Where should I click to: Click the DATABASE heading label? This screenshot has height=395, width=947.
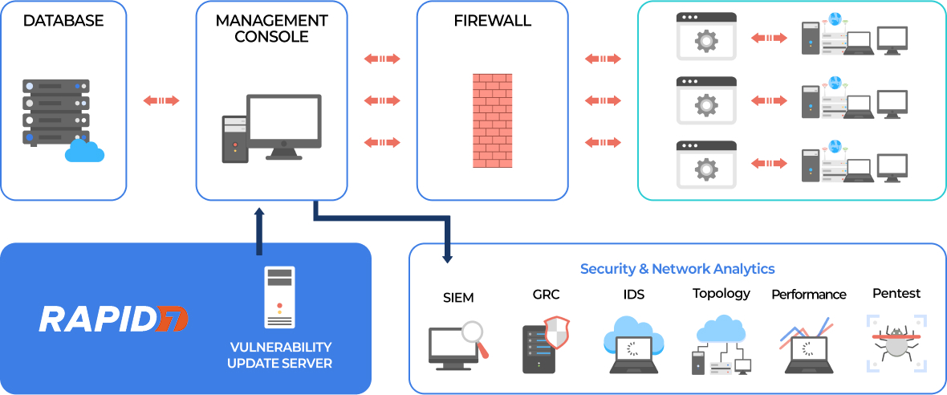[x=63, y=20]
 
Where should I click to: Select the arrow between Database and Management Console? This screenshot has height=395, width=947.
[x=161, y=100]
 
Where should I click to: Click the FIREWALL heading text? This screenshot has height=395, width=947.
[x=493, y=20]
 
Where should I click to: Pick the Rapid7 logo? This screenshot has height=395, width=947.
[x=112, y=319]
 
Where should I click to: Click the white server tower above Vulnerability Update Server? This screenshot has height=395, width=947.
[x=279, y=296]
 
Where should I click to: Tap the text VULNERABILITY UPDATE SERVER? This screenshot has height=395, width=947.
[x=279, y=355]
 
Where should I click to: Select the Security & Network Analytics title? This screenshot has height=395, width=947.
[x=677, y=269]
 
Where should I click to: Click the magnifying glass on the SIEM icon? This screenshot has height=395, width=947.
[x=476, y=334]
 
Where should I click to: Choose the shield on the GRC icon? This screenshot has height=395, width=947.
[x=556, y=331]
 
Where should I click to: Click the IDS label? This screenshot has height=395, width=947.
[x=633, y=295]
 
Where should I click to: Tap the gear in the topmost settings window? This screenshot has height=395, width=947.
[x=706, y=41]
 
